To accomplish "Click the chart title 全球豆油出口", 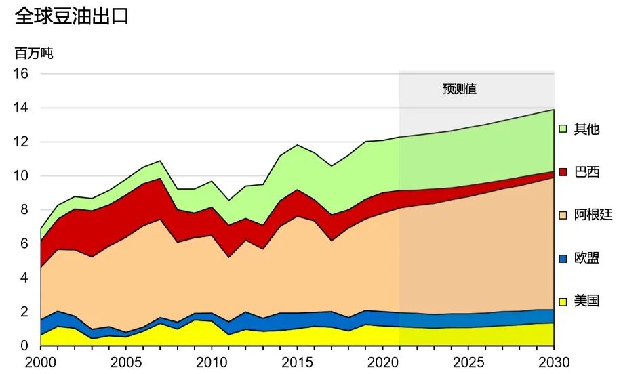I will point(71,16).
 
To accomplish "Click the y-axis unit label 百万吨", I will point(33,54).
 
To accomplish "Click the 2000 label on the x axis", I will point(41,361).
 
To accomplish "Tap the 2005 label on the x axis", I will point(126,361).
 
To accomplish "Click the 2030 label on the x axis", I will point(554,361).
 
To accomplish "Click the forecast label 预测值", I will point(460,89).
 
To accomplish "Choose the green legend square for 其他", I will point(563,129).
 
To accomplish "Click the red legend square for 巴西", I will point(563,172).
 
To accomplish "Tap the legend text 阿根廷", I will point(593,215).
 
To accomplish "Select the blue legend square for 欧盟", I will point(563,258).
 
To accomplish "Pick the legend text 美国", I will point(586,301).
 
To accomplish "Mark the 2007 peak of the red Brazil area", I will point(160,179).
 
